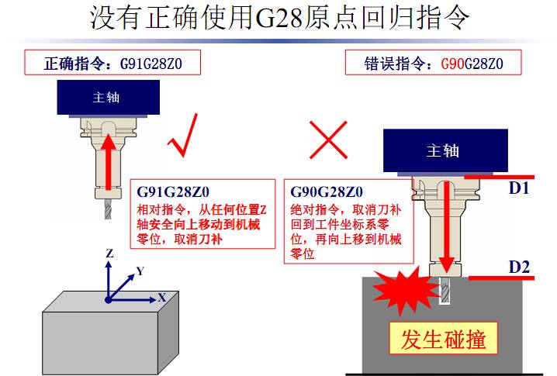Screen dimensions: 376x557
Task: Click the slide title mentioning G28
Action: (x=279, y=17)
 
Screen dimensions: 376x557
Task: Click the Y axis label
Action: (x=140, y=271)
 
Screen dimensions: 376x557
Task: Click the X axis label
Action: (x=161, y=297)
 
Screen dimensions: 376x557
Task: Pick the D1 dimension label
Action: (x=519, y=187)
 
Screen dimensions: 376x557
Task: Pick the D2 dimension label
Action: (x=519, y=268)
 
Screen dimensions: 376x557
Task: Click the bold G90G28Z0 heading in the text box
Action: (x=327, y=191)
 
